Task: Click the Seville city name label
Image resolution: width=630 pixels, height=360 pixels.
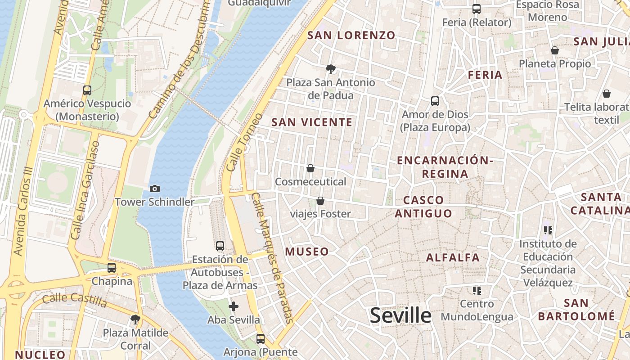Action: point(400,315)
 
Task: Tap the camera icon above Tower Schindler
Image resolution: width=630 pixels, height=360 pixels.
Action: point(154,189)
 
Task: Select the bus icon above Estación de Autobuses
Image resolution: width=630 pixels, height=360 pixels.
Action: point(220,246)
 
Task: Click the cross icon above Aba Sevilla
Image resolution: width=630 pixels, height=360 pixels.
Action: point(234,307)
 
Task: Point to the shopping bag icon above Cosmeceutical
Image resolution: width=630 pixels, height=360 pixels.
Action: point(310,168)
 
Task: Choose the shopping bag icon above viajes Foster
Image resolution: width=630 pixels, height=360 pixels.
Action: point(320,200)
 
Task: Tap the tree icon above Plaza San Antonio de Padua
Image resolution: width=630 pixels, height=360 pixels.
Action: point(331,69)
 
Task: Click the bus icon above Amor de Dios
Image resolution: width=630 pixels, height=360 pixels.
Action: point(435,101)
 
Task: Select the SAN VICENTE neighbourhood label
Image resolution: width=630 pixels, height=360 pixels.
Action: point(312,122)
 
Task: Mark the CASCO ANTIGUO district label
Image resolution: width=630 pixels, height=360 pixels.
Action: point(423,207)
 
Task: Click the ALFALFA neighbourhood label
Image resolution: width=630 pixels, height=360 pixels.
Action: point(453,258)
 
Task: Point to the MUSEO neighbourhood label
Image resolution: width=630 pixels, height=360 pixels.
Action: point(307,252)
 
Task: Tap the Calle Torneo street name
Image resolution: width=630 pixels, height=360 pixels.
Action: point(244,142)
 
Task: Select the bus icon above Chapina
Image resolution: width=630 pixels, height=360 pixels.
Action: point(111,268)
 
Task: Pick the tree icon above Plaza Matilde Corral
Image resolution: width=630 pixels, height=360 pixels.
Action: point(135,319)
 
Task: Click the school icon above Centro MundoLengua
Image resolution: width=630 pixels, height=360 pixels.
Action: point(477,291)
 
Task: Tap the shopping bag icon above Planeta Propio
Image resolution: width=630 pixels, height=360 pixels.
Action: point(554,50)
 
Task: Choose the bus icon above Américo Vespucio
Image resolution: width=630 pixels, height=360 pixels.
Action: point(87,90)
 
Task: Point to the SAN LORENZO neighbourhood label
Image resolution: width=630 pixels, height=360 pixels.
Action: point(351,35)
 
